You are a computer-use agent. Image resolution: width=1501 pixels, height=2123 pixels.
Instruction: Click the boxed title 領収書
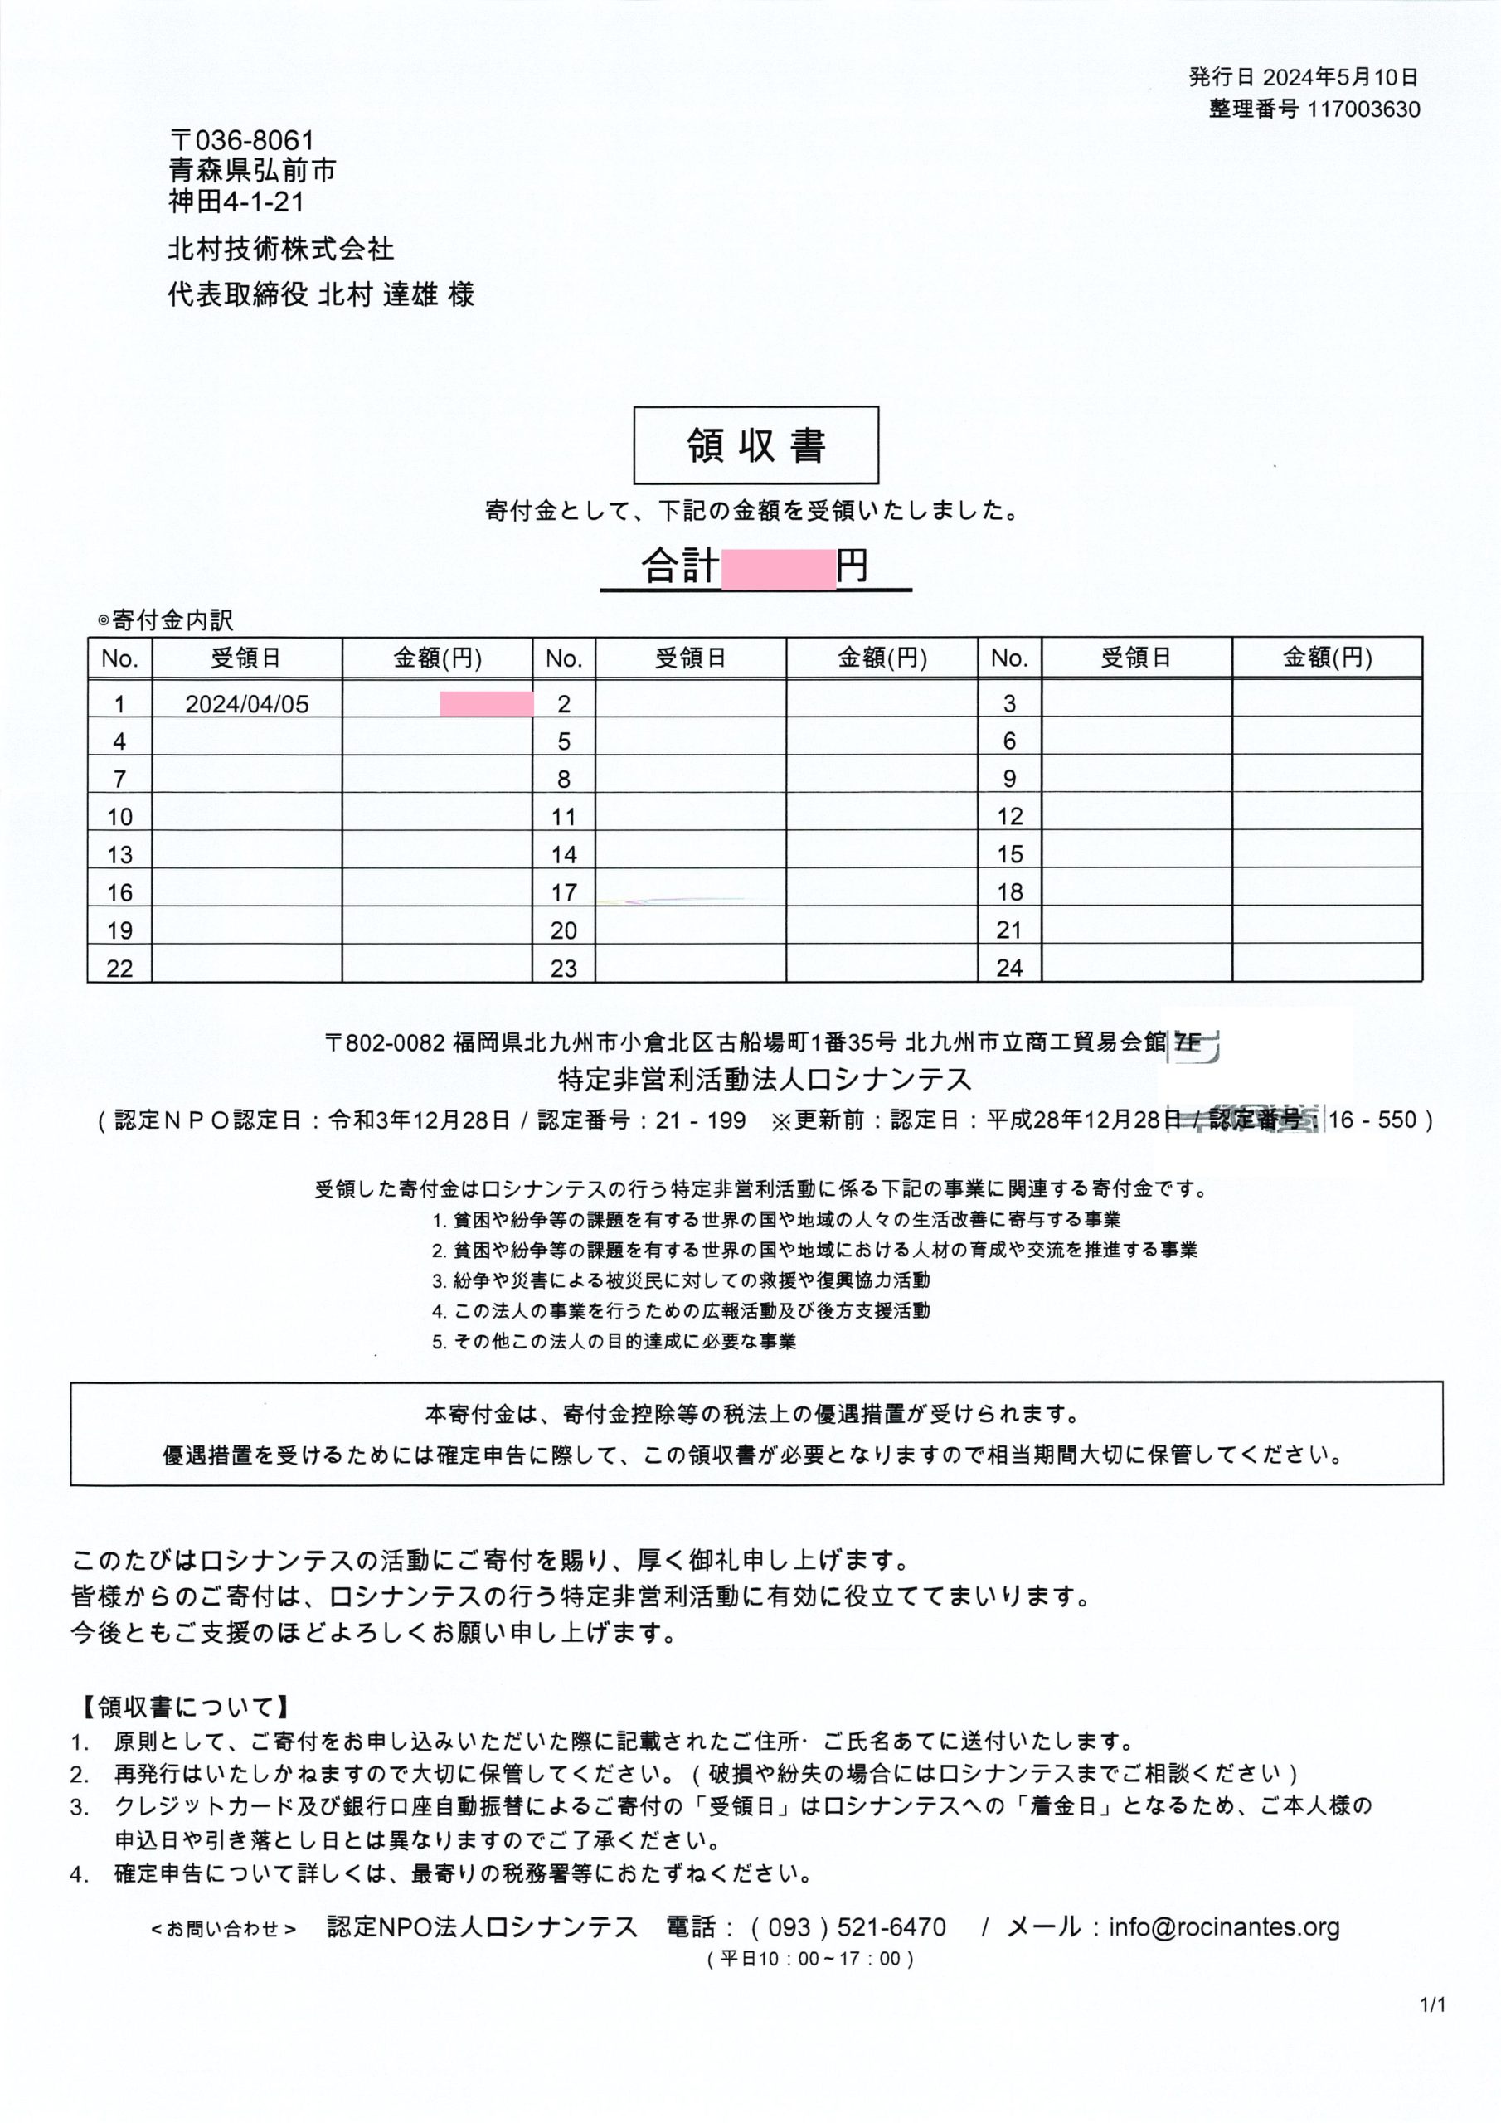point(755,445)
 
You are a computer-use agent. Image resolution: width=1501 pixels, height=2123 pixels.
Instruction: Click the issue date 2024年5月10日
point(1339,78)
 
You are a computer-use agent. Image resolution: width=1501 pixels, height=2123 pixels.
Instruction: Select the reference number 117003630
point(1363,110)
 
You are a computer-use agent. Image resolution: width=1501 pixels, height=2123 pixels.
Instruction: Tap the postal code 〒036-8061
point(242,140)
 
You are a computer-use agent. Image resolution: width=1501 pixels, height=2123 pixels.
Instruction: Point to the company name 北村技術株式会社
point(280,249)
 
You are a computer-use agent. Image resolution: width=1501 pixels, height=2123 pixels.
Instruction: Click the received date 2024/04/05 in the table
point(247,704)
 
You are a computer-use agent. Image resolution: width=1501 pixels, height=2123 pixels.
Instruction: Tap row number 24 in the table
point(1009,967)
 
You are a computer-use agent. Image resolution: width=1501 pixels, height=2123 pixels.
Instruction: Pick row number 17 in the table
point(563,892)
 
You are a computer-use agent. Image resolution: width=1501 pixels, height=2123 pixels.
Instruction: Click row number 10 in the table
point(119,817)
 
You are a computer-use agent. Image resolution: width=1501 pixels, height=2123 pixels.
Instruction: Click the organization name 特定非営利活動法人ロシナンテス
point(765,1079)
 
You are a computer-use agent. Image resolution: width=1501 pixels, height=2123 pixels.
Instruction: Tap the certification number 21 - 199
point(700,1120)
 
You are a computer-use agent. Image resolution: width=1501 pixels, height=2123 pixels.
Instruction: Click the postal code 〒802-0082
point(385,1043)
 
